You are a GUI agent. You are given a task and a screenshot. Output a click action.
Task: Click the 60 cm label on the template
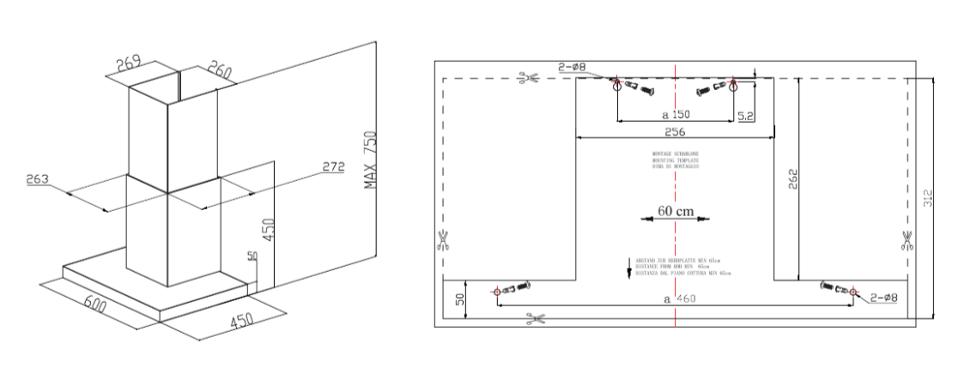tap(676, 209)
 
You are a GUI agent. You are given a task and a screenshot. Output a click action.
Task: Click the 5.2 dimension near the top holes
tap(745, 115)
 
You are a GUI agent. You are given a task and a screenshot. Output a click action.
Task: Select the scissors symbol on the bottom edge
tap(537, 320)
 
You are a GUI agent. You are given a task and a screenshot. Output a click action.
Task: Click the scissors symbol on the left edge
tap(443, 239)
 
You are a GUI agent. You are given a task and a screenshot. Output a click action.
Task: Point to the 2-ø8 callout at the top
tap(573, 66)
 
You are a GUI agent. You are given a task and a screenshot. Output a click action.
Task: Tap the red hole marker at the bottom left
tap(496, 292)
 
